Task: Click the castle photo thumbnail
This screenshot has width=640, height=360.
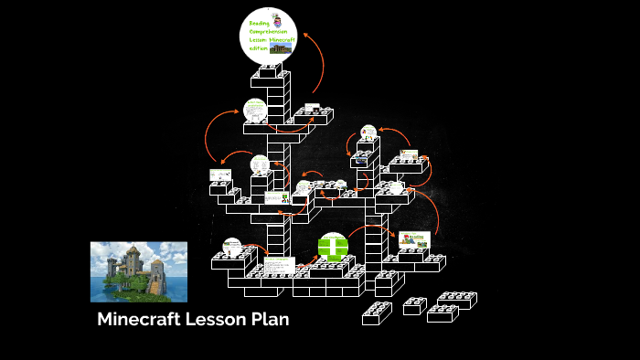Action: [138, 271]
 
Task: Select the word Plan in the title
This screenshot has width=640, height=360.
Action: [272, 320]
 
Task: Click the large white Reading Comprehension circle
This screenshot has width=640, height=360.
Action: [268, 36]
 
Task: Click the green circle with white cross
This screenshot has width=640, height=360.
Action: [333, 247]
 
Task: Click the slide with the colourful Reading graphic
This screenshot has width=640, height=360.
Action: [414, 239]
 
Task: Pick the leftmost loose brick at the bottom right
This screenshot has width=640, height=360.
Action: [377, 313]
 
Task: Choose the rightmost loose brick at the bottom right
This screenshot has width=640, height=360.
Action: [457, 300]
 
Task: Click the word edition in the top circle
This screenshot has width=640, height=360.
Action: [257, 48]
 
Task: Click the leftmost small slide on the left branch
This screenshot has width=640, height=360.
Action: [220, 174]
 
